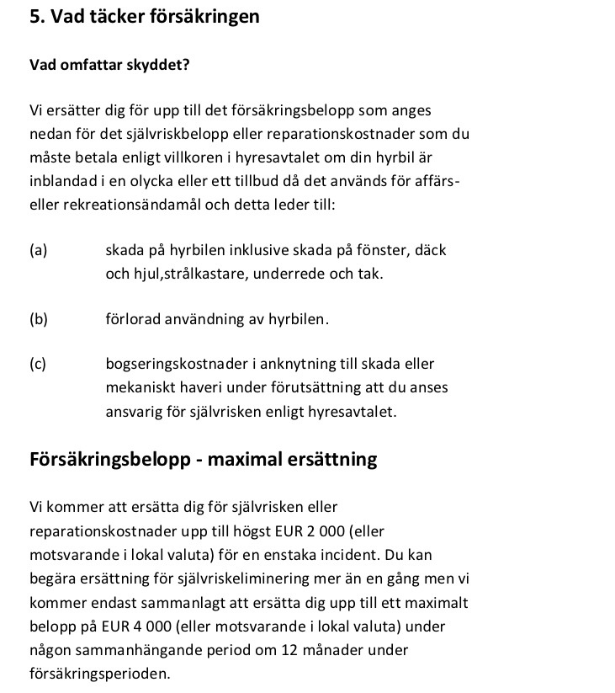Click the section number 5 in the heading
pos(34,17)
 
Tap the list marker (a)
pos(38,250)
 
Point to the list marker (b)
pos(38,319)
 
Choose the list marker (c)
pos(38,365)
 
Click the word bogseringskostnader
pos(172,365)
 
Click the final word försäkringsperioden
pos(99,674)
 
